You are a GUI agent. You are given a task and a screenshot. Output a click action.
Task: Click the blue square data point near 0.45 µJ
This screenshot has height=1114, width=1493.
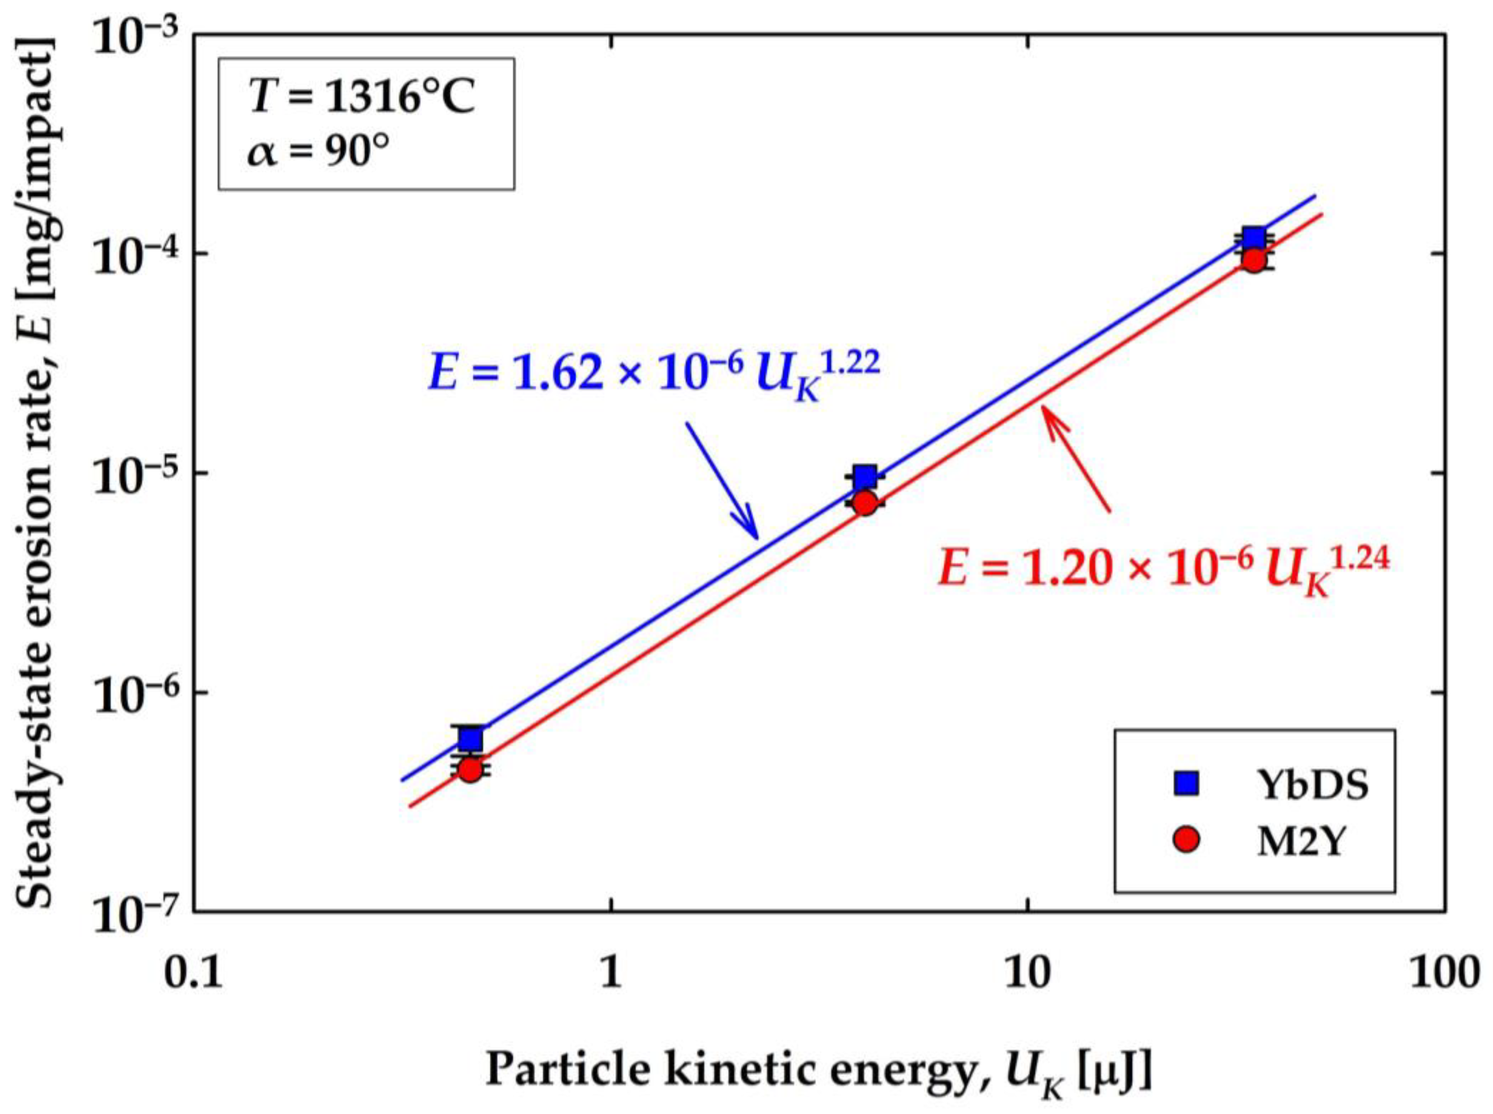(x=470, y=739)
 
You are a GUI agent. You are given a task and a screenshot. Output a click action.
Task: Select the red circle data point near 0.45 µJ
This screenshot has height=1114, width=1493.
(x=470, y=769)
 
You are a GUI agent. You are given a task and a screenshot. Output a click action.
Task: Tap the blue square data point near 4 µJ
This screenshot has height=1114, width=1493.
(x=864, y=477)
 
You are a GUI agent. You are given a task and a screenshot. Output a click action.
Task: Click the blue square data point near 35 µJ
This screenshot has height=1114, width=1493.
(x=1253, y=239)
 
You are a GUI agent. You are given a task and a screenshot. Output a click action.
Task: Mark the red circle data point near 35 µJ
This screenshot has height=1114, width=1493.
(x=1253, y=260)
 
